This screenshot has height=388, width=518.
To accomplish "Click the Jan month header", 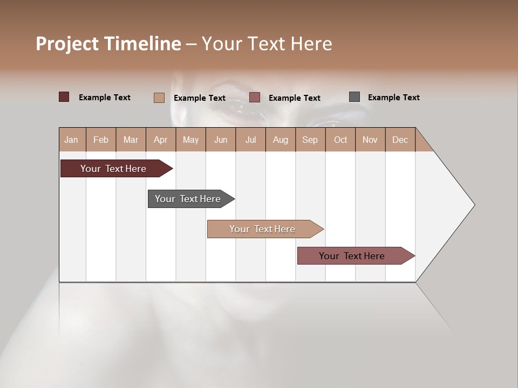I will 72,140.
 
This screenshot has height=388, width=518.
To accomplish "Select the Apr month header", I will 161,140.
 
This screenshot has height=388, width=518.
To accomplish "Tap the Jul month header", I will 250,140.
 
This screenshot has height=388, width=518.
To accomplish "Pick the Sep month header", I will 310,140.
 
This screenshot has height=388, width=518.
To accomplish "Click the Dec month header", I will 400,140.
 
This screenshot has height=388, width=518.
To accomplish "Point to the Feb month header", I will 101,140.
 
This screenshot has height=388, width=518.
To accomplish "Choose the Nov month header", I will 370,140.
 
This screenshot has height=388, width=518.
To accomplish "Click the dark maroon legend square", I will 64,97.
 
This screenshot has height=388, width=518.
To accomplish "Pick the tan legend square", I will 159,98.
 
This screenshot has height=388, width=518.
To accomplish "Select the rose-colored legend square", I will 255,97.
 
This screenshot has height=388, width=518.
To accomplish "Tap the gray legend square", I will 354,97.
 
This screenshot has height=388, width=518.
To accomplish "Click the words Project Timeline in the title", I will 108,44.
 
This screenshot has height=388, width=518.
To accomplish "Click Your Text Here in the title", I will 267,44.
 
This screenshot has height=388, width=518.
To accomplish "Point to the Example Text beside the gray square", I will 393,98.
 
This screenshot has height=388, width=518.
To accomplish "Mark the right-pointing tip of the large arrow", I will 473,205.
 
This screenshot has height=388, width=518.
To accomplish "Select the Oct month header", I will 340,140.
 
